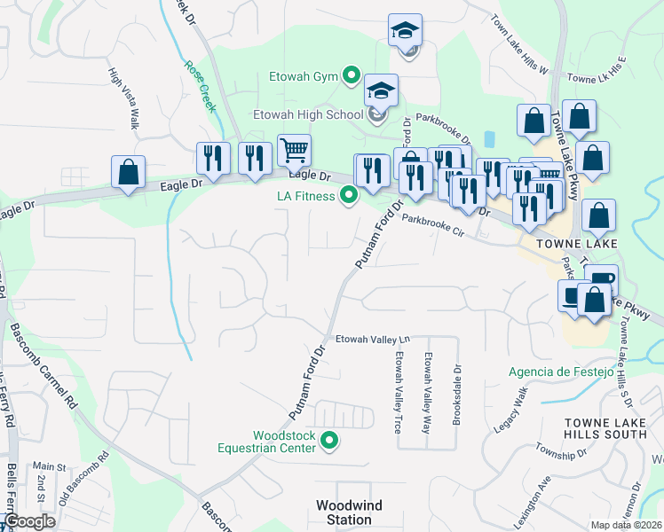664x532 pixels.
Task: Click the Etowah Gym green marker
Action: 351,76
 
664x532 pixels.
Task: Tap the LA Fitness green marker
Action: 349,196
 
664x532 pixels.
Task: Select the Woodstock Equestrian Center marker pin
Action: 329,441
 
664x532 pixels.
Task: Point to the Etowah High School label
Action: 308,114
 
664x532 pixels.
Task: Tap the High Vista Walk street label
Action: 123,98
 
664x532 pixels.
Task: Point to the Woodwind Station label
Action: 349,512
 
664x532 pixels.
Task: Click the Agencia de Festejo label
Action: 561,372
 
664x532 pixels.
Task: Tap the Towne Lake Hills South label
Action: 606,426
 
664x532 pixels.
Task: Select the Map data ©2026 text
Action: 627,525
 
